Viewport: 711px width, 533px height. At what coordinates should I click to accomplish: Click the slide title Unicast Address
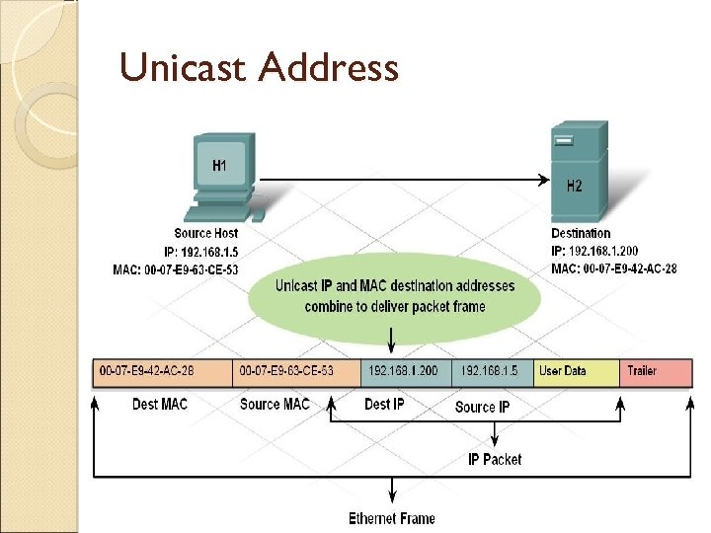click(x=259, y=68)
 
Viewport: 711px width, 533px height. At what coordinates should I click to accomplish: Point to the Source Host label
click(x=205, y=234)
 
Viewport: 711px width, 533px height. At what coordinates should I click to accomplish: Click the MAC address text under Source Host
click(x=177, y=269)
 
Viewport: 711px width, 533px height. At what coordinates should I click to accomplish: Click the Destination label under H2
click(x=581, y=234)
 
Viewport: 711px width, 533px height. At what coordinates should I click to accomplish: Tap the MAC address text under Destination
click(x=614, y=269)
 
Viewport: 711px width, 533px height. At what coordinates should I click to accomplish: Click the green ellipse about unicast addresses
click(x=395, y=295)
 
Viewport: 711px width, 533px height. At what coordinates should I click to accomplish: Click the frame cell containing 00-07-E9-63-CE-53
click(x=297, y=372)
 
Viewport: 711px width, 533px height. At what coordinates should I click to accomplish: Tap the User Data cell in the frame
click(x=576, y=372)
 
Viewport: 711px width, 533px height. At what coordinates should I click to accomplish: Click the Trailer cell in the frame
click(x=655, y=372)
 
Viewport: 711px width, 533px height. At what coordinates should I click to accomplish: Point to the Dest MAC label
click(x=160, y=405)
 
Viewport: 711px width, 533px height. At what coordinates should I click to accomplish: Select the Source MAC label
click(x=275, y=405)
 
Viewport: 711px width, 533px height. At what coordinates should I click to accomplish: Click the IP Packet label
click(x=495, y=459)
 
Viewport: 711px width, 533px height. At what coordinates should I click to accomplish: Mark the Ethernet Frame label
click(x=392, y=518)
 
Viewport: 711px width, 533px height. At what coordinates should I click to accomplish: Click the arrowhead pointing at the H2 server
click(x=543, y=180)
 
